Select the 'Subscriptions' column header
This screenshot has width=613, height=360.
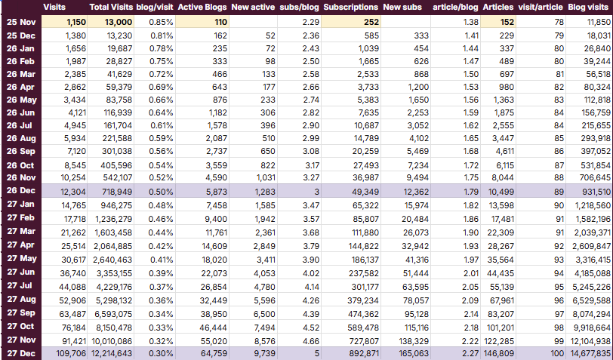click(x=351, y=7)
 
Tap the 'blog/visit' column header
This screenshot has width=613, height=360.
click(x=156, y=7)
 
